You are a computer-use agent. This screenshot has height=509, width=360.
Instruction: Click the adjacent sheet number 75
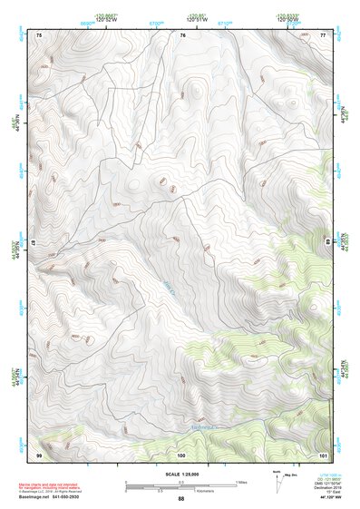(x=39, y=34)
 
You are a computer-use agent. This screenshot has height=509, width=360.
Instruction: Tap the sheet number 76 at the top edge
(x=182, y=34)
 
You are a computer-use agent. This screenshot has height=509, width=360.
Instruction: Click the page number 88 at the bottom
(x=180, y=499)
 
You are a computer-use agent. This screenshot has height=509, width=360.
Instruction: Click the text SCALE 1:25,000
(x=180, y=475)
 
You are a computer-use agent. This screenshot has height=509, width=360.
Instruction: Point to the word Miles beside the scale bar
(x=240, y=481)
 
